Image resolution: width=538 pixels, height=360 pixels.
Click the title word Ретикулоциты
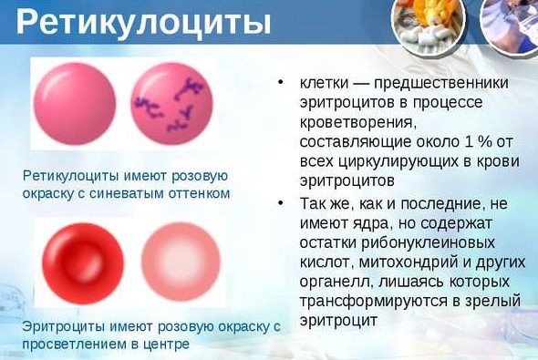click(x=143, y=22)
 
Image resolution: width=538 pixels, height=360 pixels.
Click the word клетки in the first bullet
click(x=325, y=83)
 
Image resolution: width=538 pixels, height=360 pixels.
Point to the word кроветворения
click(x=355, y=121)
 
